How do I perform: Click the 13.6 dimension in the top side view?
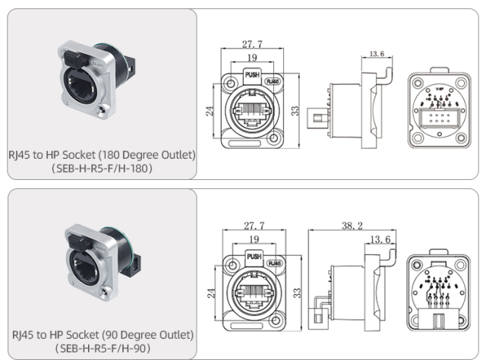[376, 54]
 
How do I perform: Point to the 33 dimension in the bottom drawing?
[298, 292]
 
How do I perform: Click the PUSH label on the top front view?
[253, 75]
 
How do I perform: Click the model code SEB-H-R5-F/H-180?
[102, 168]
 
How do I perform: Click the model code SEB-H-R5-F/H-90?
[102, 348]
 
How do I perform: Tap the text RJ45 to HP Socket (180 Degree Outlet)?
[102, 155]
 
